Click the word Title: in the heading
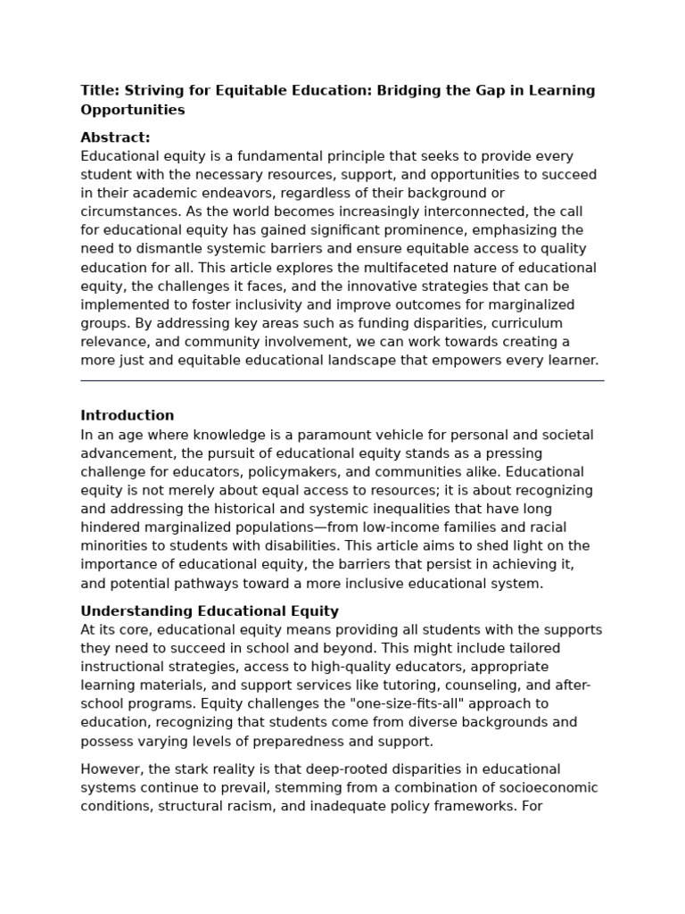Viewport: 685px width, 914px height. tap(99, 90)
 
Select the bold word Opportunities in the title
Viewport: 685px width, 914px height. tap(133, 110)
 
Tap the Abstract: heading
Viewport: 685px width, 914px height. tap(115, 137)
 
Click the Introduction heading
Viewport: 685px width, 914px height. tap(128, 415)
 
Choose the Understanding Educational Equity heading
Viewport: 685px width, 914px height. tap(210, 611)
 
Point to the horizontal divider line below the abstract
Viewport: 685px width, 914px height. tap(342, 380)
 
